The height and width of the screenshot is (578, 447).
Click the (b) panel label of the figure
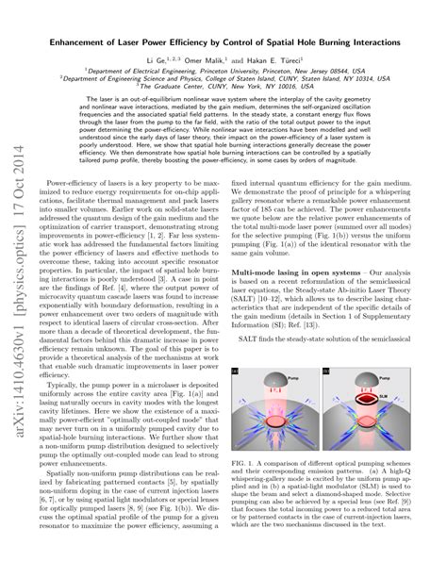(342, 374)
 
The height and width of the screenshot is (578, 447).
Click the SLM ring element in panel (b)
(388, 400)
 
